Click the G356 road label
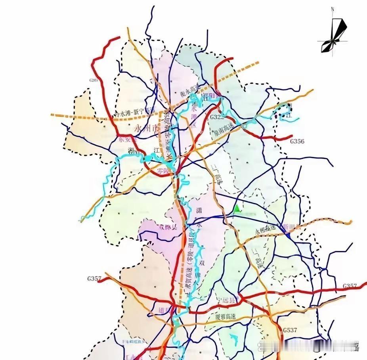pos(297,141)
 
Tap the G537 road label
pos(290,330)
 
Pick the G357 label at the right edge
pos(350,285)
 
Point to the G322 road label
pos(217,117)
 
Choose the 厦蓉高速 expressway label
pos(226,317)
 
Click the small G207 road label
pos(94,80)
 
